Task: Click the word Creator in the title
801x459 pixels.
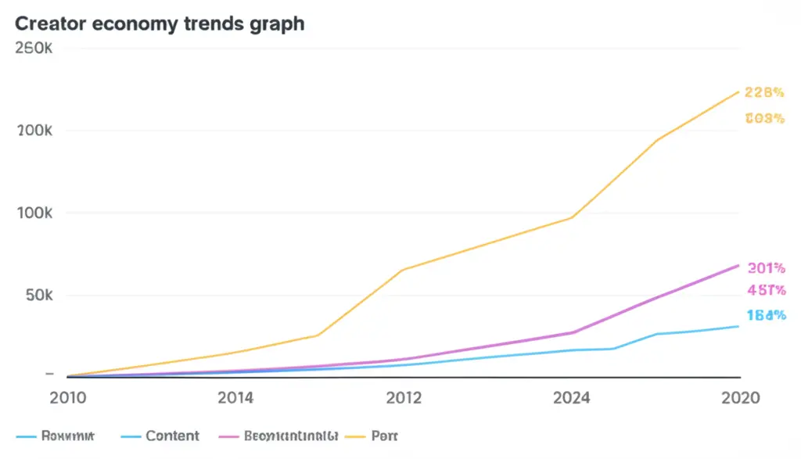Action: [x=51, y=23]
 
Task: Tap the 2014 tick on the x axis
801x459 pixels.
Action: [x=235, y=398]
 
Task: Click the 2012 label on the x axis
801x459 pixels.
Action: [x=404, y=398]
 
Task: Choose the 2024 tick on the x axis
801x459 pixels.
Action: [x=572, y=398]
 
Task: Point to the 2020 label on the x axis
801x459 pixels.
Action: [x=740, y=398]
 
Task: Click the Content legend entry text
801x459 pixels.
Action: [x=173, y=436]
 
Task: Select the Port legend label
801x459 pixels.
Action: [x=386, y=436]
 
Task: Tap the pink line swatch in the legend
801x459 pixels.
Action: [x=229, y=436]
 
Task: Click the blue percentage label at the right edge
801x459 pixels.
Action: [x=766, y=316]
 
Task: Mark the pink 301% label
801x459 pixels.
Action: [x=766, y=268]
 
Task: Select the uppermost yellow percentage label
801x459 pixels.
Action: [x=764, y=92]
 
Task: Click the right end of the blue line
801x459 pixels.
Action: [x=738, y=326]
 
